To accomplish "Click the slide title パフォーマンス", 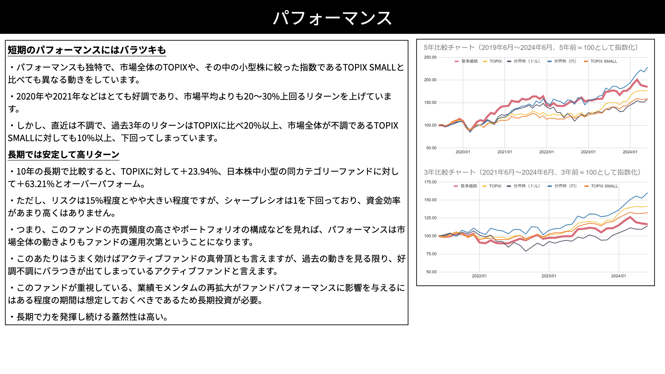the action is (x=332, y=18).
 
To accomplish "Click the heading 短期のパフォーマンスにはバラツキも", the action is (x=87, y=50).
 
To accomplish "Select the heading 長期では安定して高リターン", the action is (x=63, y=154).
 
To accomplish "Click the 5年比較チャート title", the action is (x=531, y=47).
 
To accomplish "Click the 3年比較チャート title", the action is (x=532, y=172).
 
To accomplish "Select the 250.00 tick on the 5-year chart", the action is (x=430, y=57).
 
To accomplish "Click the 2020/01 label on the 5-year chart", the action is (x=463, y=152).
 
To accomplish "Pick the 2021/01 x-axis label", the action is (x=505, y=152).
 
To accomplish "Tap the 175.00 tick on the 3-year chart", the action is (x=430, y=182).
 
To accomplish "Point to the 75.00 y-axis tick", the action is (x=431, y=254).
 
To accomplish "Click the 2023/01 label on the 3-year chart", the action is (x=549, y=276).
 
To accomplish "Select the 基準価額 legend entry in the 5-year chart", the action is (x=466, y=61).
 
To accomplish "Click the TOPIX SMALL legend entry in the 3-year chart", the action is (x=601, y=186).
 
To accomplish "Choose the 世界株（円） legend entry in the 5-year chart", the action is (x=562, y=61).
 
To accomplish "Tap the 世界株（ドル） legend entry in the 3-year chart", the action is (x=523, y=186).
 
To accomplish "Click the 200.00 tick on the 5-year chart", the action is (x=430, y=80).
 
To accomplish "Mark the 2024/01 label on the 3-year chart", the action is (x=619, y=276).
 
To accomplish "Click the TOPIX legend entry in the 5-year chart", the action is (x=492, y=61).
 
